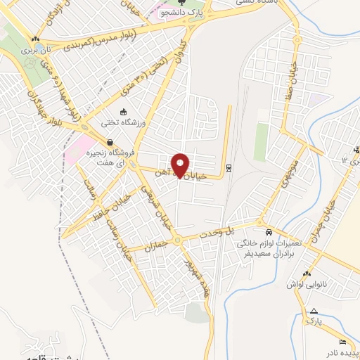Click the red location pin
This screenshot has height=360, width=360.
[x=181, y=165]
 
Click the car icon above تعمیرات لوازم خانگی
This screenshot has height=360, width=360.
[x=269, y=232]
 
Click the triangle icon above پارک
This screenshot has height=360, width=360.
[x=314, y=311]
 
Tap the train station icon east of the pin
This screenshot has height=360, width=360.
[x=229, y=168]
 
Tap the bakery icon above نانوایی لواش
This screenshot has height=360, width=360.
[x=307, y=274]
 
